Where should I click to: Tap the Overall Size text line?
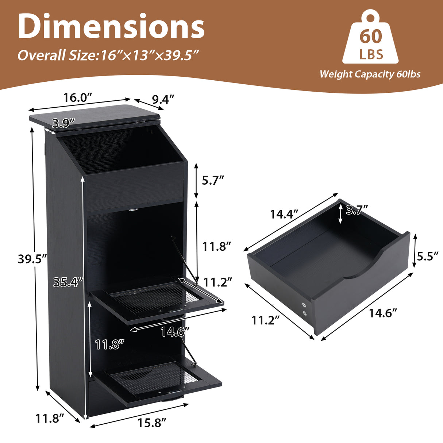108,55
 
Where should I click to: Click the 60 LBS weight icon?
370,38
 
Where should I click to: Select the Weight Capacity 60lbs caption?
370,74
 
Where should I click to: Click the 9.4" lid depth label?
163,99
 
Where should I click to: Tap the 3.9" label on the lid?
63,123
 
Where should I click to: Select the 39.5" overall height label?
32,259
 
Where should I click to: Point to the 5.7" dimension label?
213,180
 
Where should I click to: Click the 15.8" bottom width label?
152,423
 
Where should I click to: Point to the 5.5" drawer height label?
427,256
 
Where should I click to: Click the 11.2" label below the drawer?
265,320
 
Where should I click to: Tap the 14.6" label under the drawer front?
382,313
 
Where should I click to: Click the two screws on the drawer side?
304,308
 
